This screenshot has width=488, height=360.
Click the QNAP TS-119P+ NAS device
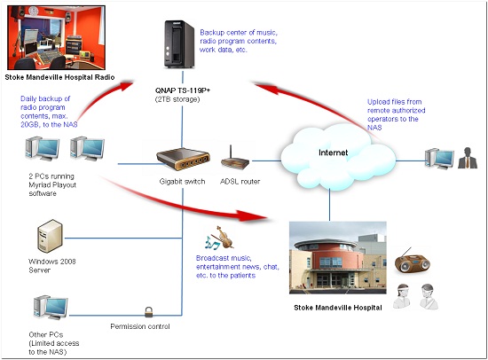point(179,43)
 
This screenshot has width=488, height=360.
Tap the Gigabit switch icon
point(183,159)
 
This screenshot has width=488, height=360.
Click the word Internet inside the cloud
point(333,153)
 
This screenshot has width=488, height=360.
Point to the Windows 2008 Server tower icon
point(50,236)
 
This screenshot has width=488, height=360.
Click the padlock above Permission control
point(149,312)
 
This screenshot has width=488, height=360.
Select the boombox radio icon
point(413,262)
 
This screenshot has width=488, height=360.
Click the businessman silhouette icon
point(468,158)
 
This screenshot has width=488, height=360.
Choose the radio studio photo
point(56,37)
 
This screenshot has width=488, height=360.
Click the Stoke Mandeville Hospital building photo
point(338,258)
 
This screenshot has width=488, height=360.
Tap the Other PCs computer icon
point(51,308)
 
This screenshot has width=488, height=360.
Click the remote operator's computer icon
point(439,159)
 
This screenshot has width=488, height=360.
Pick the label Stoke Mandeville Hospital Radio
point(59,77)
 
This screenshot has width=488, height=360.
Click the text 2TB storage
point(177,99)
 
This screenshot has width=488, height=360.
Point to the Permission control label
point(140,326)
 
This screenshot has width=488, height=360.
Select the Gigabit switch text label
point(182,182)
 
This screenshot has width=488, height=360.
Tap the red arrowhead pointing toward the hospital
point(251,215)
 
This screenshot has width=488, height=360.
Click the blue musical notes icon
point(212,242)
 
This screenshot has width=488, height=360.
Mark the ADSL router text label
point(240,182)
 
